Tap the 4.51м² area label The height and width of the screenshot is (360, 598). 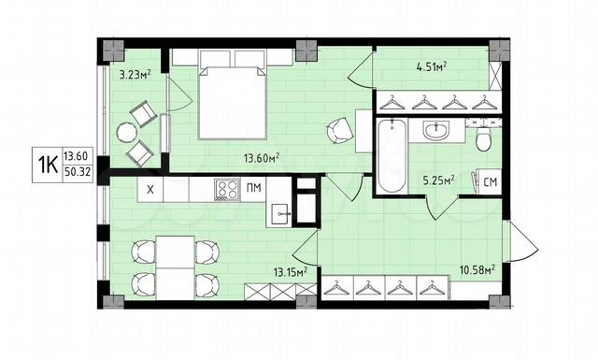click(431, 65)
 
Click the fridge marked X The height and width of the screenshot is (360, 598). click(149, 191)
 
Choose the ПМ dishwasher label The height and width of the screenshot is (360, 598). click(253, 190)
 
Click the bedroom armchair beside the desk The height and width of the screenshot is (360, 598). click(338, 131)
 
